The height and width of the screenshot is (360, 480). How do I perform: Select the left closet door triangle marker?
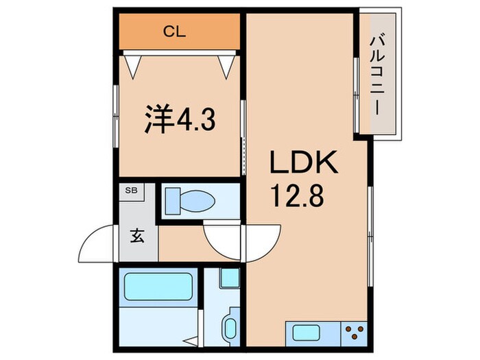(136, 64)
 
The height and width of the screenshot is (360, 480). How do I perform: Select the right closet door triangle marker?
(226, 64)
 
